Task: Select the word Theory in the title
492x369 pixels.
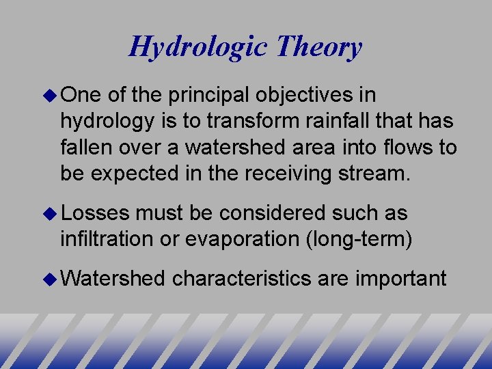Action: tap(319, 47)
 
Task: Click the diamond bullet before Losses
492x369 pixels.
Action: tap(52, 213)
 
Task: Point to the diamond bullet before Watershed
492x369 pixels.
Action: tap(52, 278)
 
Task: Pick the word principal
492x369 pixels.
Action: tap(209, 96)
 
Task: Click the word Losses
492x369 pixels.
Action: tap(95, 213)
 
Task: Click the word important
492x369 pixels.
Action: tap(400, 279)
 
